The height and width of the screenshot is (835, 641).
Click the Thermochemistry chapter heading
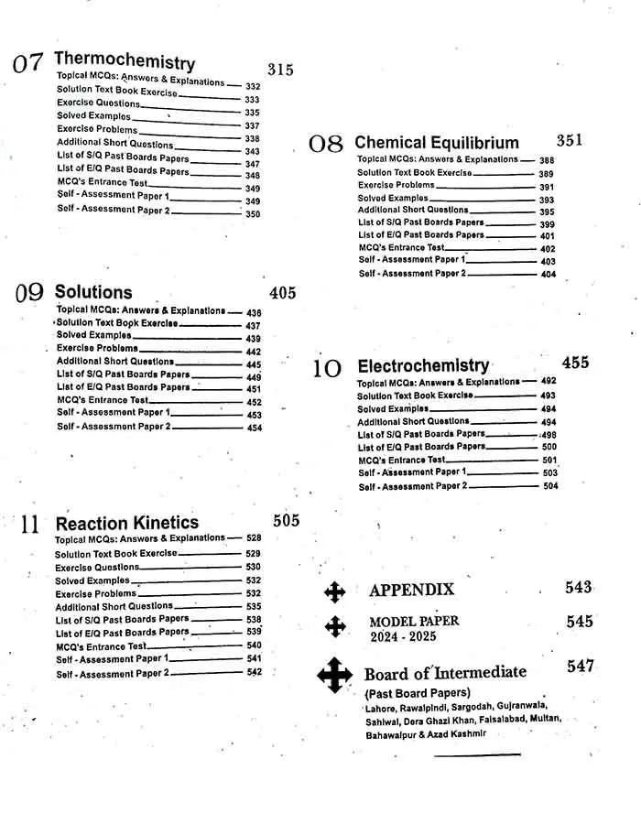[x=125, y=61]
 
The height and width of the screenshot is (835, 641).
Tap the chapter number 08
[x=325, y=145]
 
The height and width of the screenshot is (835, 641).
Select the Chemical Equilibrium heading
[x=437, y=143]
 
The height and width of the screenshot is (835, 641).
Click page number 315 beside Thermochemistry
[x=280, y=70]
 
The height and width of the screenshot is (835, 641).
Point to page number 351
[x=569, y=140]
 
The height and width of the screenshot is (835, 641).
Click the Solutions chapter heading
[x=93, y=292]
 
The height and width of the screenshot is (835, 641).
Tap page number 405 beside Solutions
[x=283, y=293]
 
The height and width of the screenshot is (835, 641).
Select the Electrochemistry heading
[x=423, y=365]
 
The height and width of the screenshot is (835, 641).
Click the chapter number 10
[x=327, y=369]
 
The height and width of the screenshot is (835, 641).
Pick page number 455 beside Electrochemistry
[x=575, y=363]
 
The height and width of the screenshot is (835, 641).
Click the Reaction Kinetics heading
[x=127, y=523]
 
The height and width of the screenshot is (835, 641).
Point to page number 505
[x=286, y=520]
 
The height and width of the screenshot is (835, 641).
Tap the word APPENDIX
[x=411, y=590]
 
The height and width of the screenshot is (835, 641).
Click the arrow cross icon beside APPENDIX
[x=335, y=592]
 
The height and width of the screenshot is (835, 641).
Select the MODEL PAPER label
[x=414, y=621]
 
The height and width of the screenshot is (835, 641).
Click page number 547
[x=581, y=667]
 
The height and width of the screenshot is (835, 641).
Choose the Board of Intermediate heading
[x=445, y=673]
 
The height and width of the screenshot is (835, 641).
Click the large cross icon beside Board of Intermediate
[x=335, y=676]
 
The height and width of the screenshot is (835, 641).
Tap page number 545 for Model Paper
[x=580, y=622]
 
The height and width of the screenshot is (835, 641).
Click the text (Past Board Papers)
[x=418, y=692]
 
